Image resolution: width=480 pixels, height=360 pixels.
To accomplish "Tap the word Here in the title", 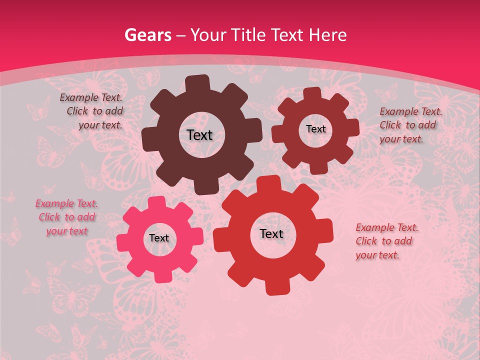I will tap(327, 35).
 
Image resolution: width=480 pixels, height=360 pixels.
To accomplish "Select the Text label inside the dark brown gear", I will tap(199, 135).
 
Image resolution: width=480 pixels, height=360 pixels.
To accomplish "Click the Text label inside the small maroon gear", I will tap(315, 129).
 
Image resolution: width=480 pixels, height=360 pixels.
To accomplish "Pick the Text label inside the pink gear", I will tap(159, 238).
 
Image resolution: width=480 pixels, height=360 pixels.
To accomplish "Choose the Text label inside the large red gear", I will tap(271, 234).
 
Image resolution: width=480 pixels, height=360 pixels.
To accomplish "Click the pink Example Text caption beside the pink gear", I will tap(66, 217).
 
